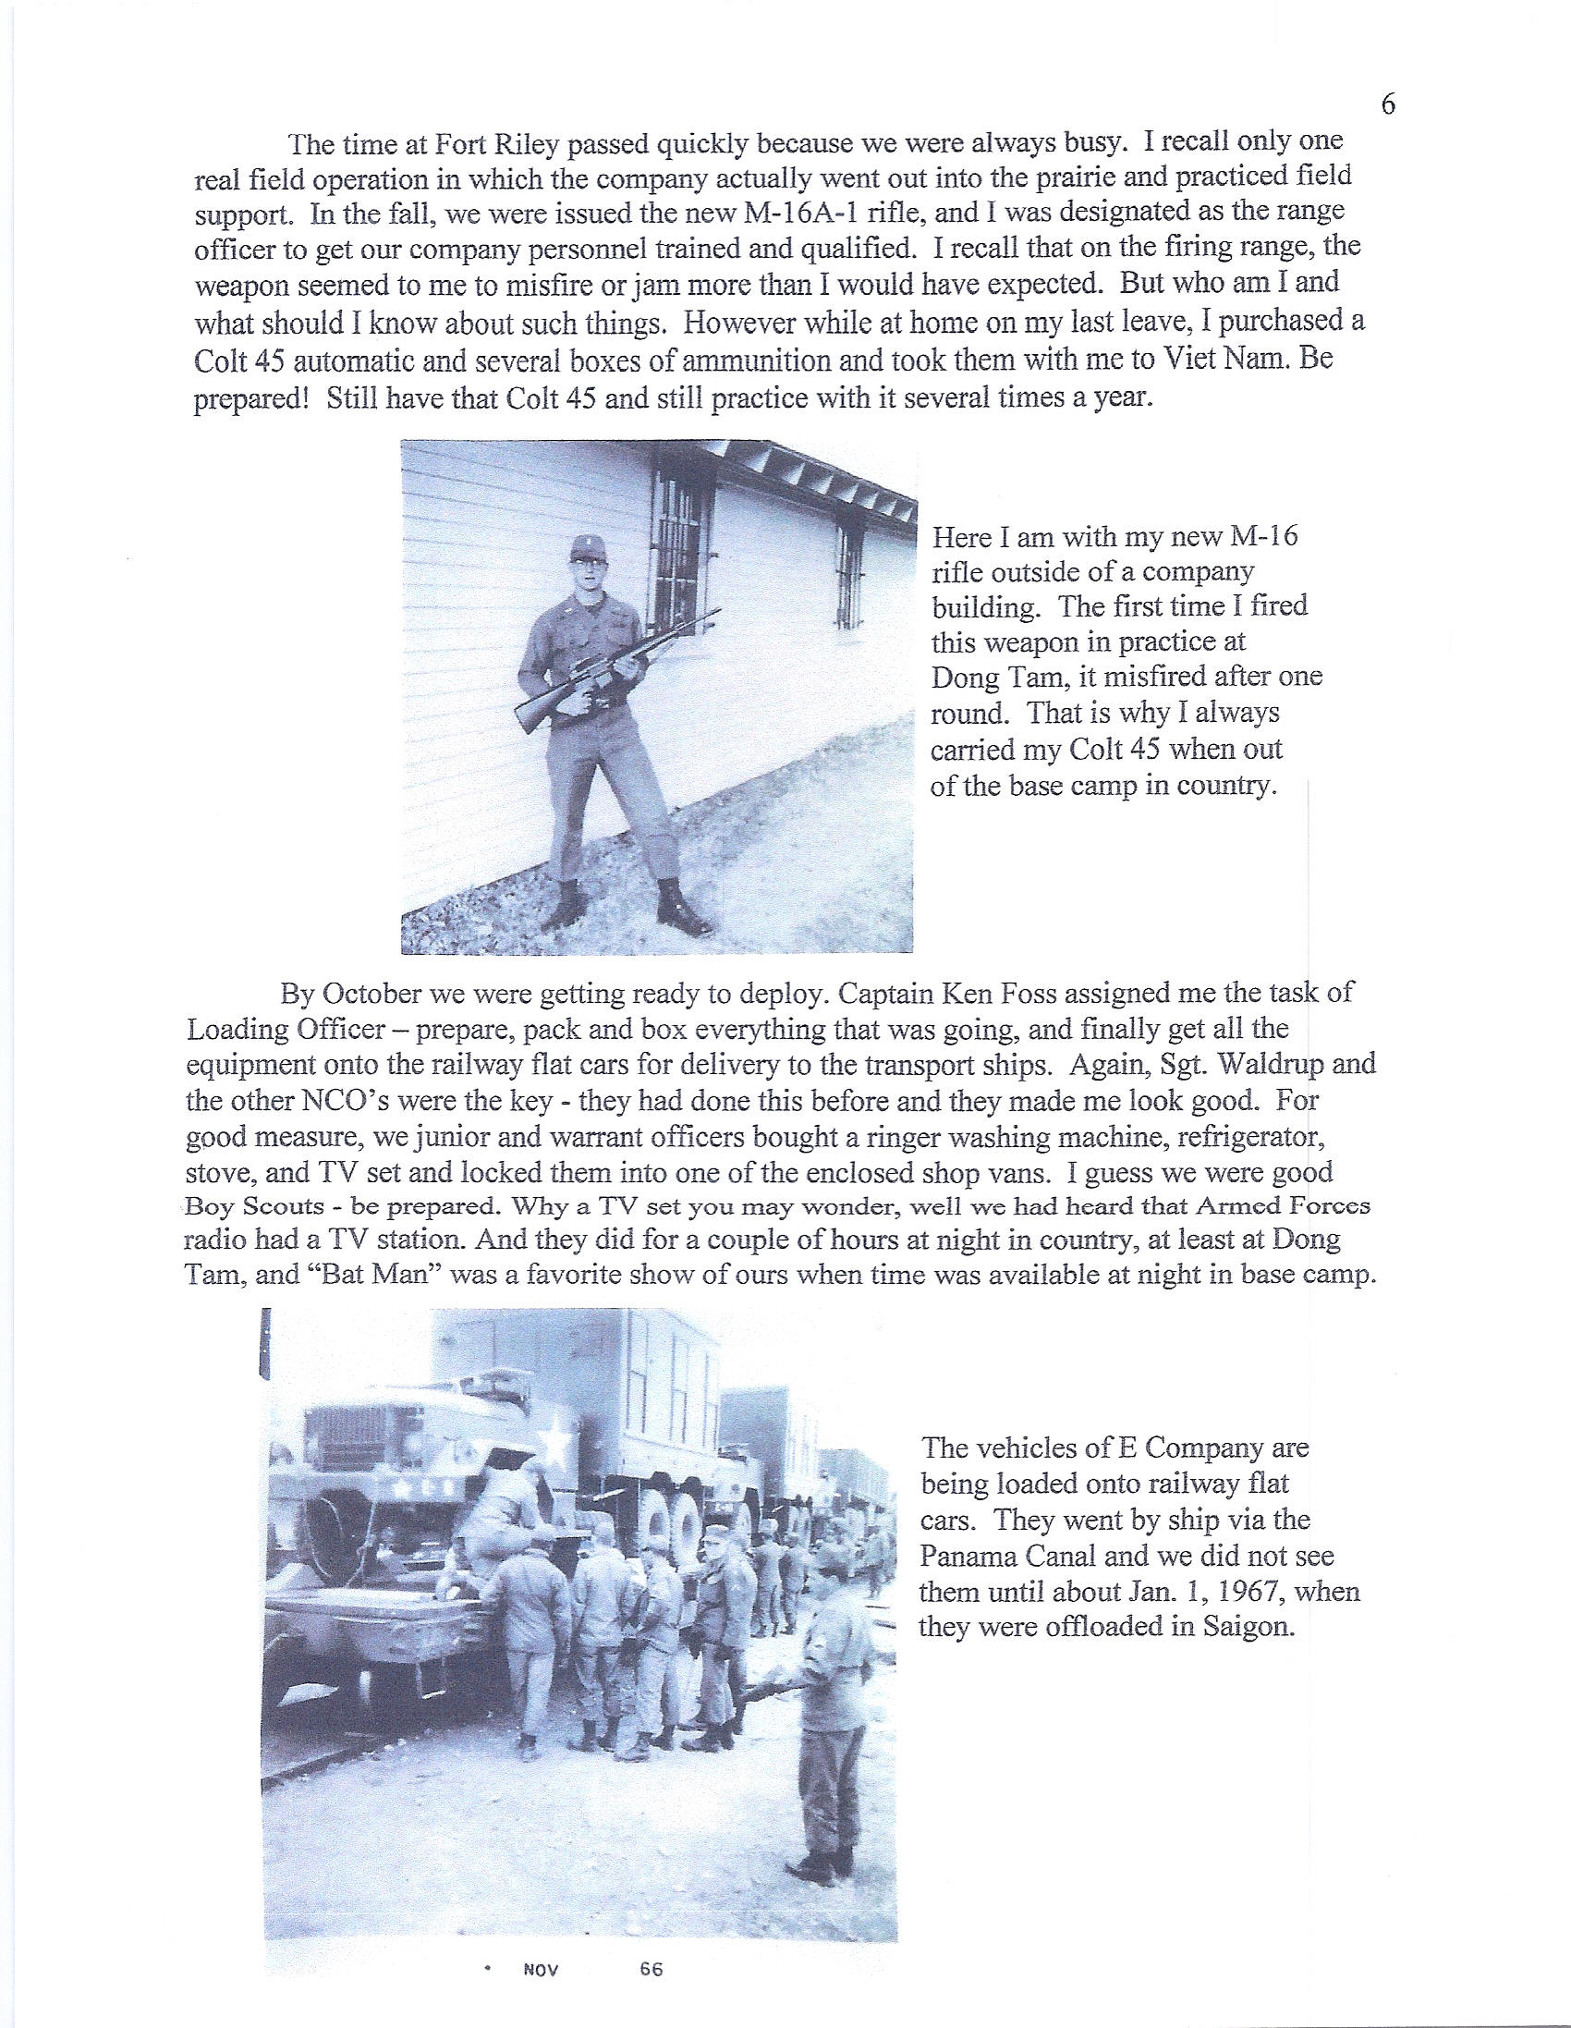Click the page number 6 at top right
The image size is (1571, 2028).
(1388, 104)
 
